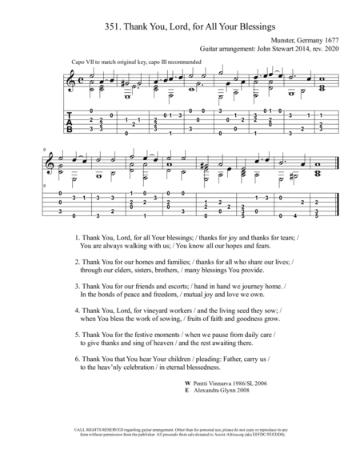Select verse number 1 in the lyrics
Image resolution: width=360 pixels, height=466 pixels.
tap(76, 238)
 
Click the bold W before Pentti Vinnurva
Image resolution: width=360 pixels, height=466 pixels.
tap(186, 384)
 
